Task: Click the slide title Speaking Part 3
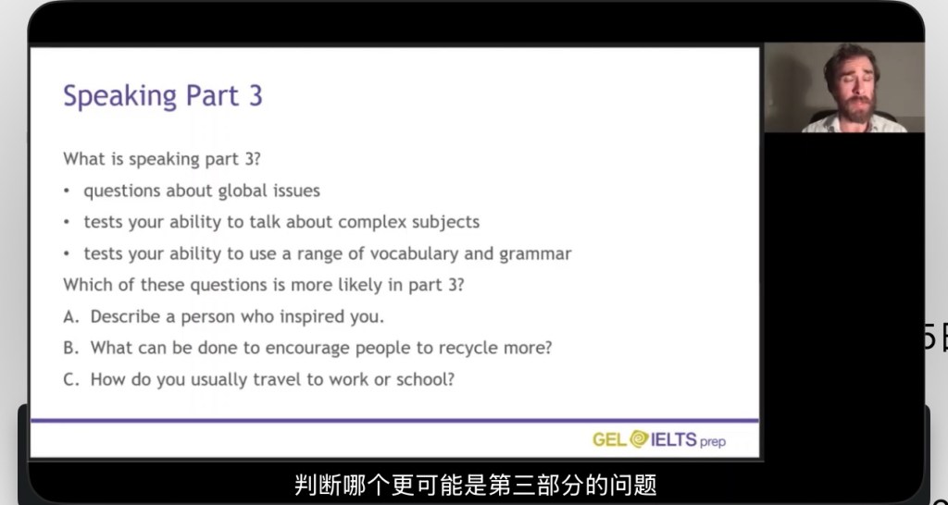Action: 163,96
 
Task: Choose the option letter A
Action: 70,316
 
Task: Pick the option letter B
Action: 70,348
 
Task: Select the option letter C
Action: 70,379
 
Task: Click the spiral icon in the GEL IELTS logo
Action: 639,438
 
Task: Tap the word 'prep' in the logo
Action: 713,441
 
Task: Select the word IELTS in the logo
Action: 674,439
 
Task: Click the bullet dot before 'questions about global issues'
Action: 67,191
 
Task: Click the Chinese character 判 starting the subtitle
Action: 306,485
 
